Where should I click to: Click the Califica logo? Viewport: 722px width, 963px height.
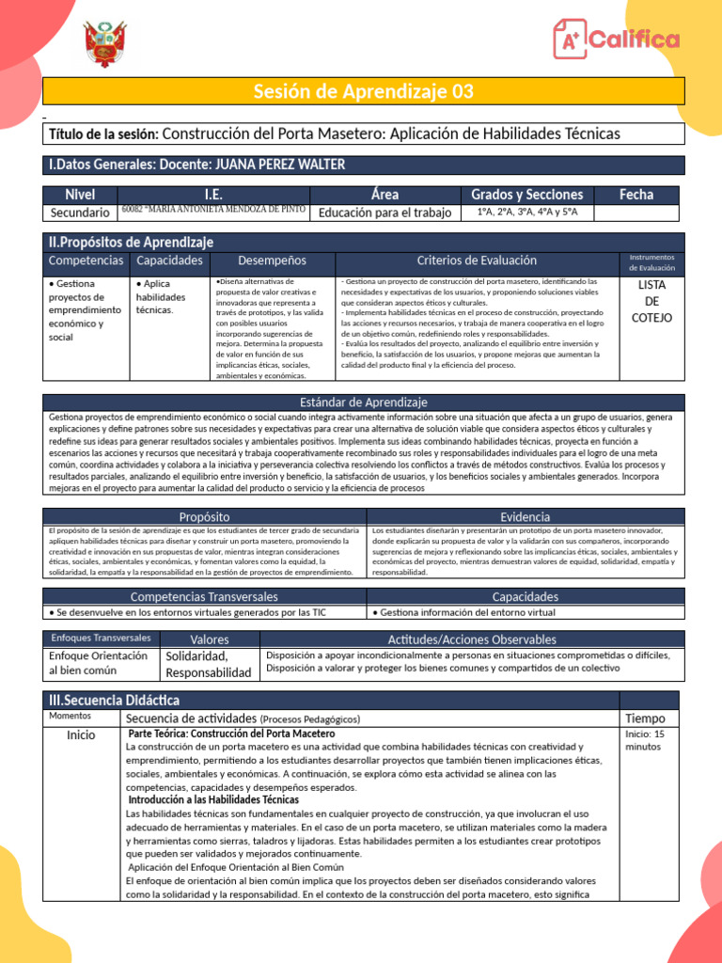[616, 39]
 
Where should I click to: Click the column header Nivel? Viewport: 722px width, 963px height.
[80, 195]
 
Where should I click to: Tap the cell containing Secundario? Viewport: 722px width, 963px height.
[80, 213]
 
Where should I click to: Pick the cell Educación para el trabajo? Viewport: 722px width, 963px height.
[385, 213]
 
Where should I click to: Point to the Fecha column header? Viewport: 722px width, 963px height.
[636, 195]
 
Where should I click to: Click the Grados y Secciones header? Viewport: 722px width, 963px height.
[526, 195]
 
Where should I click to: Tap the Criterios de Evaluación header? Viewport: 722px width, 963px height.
[477, 260]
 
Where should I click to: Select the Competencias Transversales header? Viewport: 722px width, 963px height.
[204, 596]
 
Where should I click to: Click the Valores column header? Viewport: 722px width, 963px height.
[209, 639]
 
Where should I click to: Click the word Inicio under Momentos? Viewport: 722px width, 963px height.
[81, 735]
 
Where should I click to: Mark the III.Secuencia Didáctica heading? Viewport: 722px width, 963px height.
[114, 700]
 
